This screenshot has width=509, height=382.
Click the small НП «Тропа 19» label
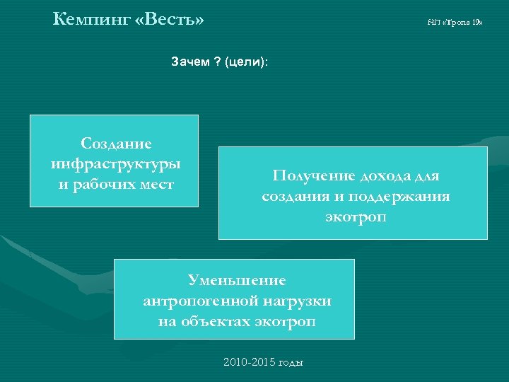[455, 23]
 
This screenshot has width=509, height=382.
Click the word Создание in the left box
[116, 144]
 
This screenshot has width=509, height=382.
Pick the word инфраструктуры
[116, 164]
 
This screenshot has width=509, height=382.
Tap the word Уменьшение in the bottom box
[236, 281]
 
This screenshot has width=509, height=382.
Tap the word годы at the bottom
[291, 363]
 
